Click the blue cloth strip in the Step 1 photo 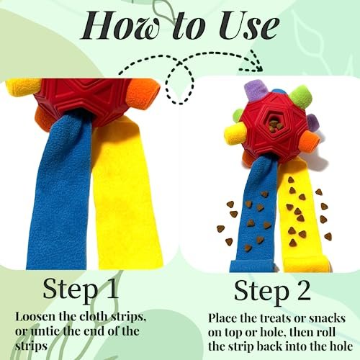click(x=61, y=192)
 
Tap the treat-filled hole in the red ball click(x=274, y=125)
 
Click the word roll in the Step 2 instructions click(x=325, y=333)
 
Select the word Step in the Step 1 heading click(x=70, y=290)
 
